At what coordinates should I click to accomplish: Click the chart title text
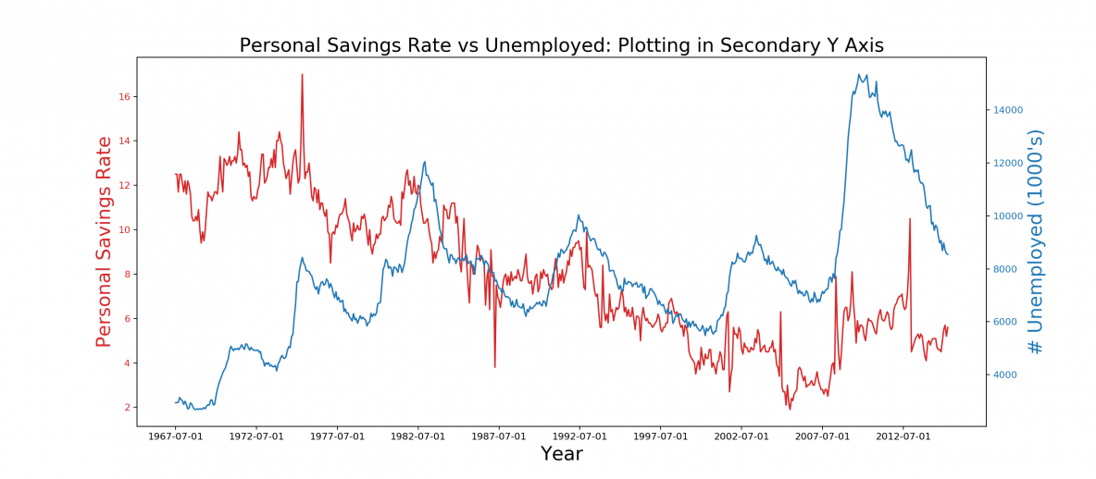click(x=561, y=45)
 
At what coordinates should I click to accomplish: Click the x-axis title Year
click(x=561, y=454)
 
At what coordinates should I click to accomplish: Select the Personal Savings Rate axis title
click(x=105, y=242)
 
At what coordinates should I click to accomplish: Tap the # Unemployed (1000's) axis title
click(x=1036, y=242)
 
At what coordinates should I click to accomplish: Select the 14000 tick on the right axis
click(x=1008, y=110)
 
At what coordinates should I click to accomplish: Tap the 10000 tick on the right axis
click(x=1008, y=216)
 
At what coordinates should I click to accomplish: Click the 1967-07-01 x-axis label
click(x=176, y=436)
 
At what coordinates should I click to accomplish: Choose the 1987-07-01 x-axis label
click(x=499, y=436)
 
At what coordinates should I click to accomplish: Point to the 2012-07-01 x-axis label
click(x=903, y=436)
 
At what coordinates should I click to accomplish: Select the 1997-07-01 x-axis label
click(x=660, y=436)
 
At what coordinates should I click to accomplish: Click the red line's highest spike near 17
click(x=302, y=75)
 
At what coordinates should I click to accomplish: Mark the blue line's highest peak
click(x=858, y=75)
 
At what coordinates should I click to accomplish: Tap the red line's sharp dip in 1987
click(x=495, y=366)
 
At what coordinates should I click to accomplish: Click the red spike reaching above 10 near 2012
click(x=910, y=219)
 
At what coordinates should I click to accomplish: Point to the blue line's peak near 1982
click(x=425, y=162)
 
